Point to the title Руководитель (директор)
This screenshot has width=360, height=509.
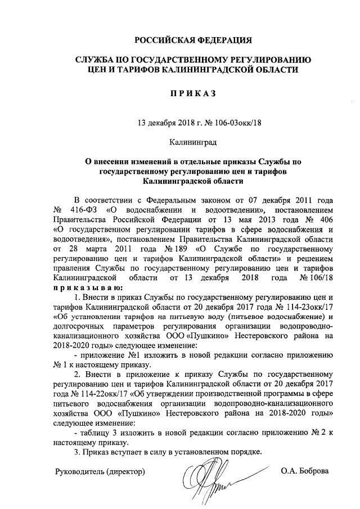[100, 470]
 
